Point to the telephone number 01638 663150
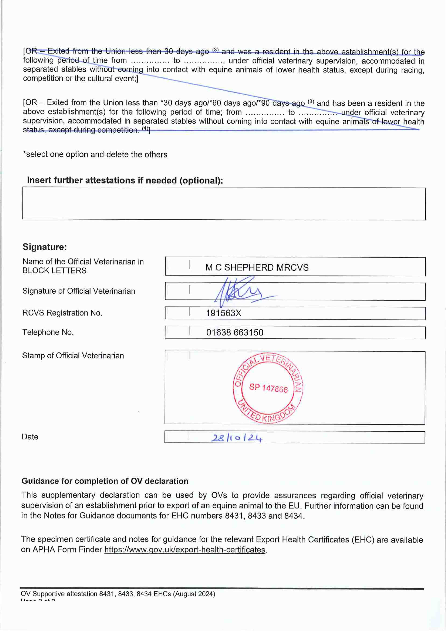[x=235, y=333]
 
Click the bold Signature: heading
[x=45, y=247]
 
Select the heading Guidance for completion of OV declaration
[x=105, y=481]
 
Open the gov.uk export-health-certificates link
[x=185, y=550]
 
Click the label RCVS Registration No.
[x=62, y=313]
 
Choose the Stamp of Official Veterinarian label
[x=73, y=356]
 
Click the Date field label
[x=30, y=437]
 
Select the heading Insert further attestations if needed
[x=125, y=180]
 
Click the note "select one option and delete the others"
[x=95, y=154]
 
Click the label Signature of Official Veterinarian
[x=79, y=291]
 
